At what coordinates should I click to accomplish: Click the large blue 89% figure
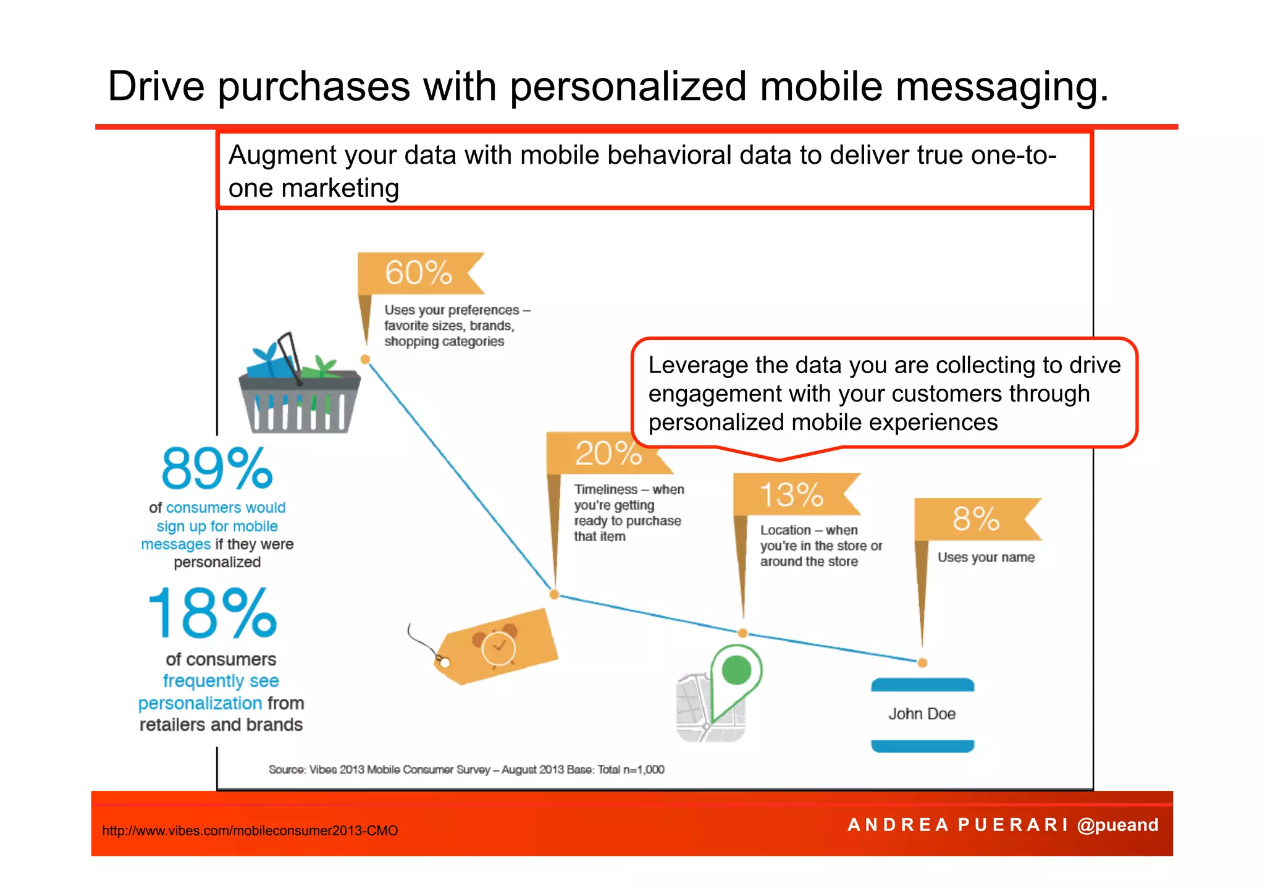(217, 469)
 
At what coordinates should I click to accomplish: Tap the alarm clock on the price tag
(497, 646)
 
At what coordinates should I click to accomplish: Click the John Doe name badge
(922, 715)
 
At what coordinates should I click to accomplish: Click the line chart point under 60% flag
(365, 360)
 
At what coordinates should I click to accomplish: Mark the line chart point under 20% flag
(554, 594)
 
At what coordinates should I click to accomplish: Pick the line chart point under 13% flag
(743, 633)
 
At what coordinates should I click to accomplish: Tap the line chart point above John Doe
(922, 662)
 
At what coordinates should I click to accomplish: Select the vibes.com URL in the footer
(250, 830)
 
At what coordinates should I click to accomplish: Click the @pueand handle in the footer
(1117, 825)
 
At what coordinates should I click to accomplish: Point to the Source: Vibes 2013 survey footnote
(466, 770)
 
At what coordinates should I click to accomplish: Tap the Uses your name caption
(986, 557)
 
